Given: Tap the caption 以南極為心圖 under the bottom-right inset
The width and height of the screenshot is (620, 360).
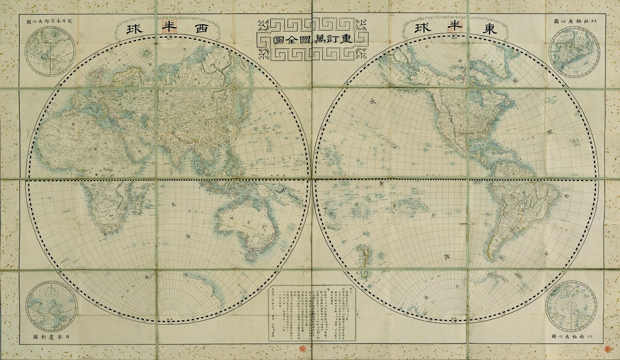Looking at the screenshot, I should point(575,336).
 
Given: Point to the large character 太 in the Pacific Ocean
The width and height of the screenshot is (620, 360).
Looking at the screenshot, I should point(372,101).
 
